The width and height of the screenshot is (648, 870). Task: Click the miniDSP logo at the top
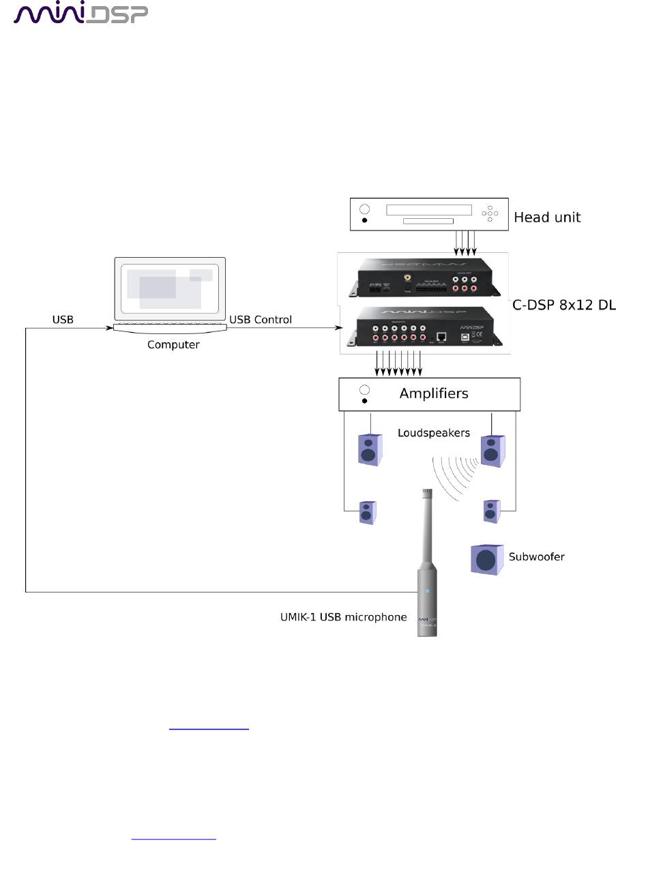coord(81,14)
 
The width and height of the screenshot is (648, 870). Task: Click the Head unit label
coord(547,217)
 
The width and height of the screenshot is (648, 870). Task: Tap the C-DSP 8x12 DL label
coord(563,305)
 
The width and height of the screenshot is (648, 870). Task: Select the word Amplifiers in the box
coord(434,393)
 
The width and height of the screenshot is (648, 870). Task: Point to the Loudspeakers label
coord(434,433)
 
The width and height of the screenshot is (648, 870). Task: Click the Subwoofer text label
coord(536,556)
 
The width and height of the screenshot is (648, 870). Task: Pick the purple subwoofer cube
coord(486,559)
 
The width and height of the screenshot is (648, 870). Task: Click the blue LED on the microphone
coord(427,591)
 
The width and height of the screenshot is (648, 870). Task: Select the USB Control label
coord(261,319)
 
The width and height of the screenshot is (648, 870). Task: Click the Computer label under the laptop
coord(173,344)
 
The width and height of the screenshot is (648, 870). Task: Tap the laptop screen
coord(170,287)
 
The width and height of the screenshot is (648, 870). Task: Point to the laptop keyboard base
coord(170,328)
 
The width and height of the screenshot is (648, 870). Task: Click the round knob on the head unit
coord(364,209)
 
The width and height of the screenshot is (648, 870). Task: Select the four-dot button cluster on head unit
coord(489,213)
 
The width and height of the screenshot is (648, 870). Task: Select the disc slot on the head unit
coord(428,221)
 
